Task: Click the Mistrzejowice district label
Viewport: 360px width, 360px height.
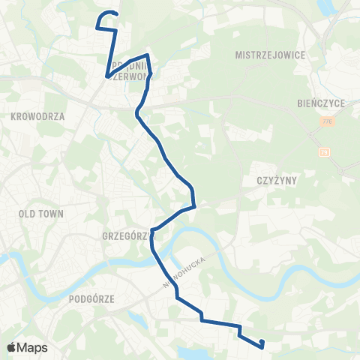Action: [x=268, y=55]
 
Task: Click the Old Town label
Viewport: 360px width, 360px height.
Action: [x=40, y=214]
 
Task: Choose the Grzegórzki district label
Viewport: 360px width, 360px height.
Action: [x=125, y=235]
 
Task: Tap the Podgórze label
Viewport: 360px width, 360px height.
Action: [x=91, y=298]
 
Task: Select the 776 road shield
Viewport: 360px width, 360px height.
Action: [x=326, y=121]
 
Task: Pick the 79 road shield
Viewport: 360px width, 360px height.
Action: [x=325, y=151]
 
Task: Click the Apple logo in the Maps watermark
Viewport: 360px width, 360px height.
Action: [x=12, y=347]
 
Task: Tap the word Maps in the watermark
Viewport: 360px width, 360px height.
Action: [x=33, y=347]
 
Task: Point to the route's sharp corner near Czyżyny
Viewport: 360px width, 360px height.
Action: [x=195, y=205]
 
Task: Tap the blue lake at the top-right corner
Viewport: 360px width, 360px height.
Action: [x=328, y=7]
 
